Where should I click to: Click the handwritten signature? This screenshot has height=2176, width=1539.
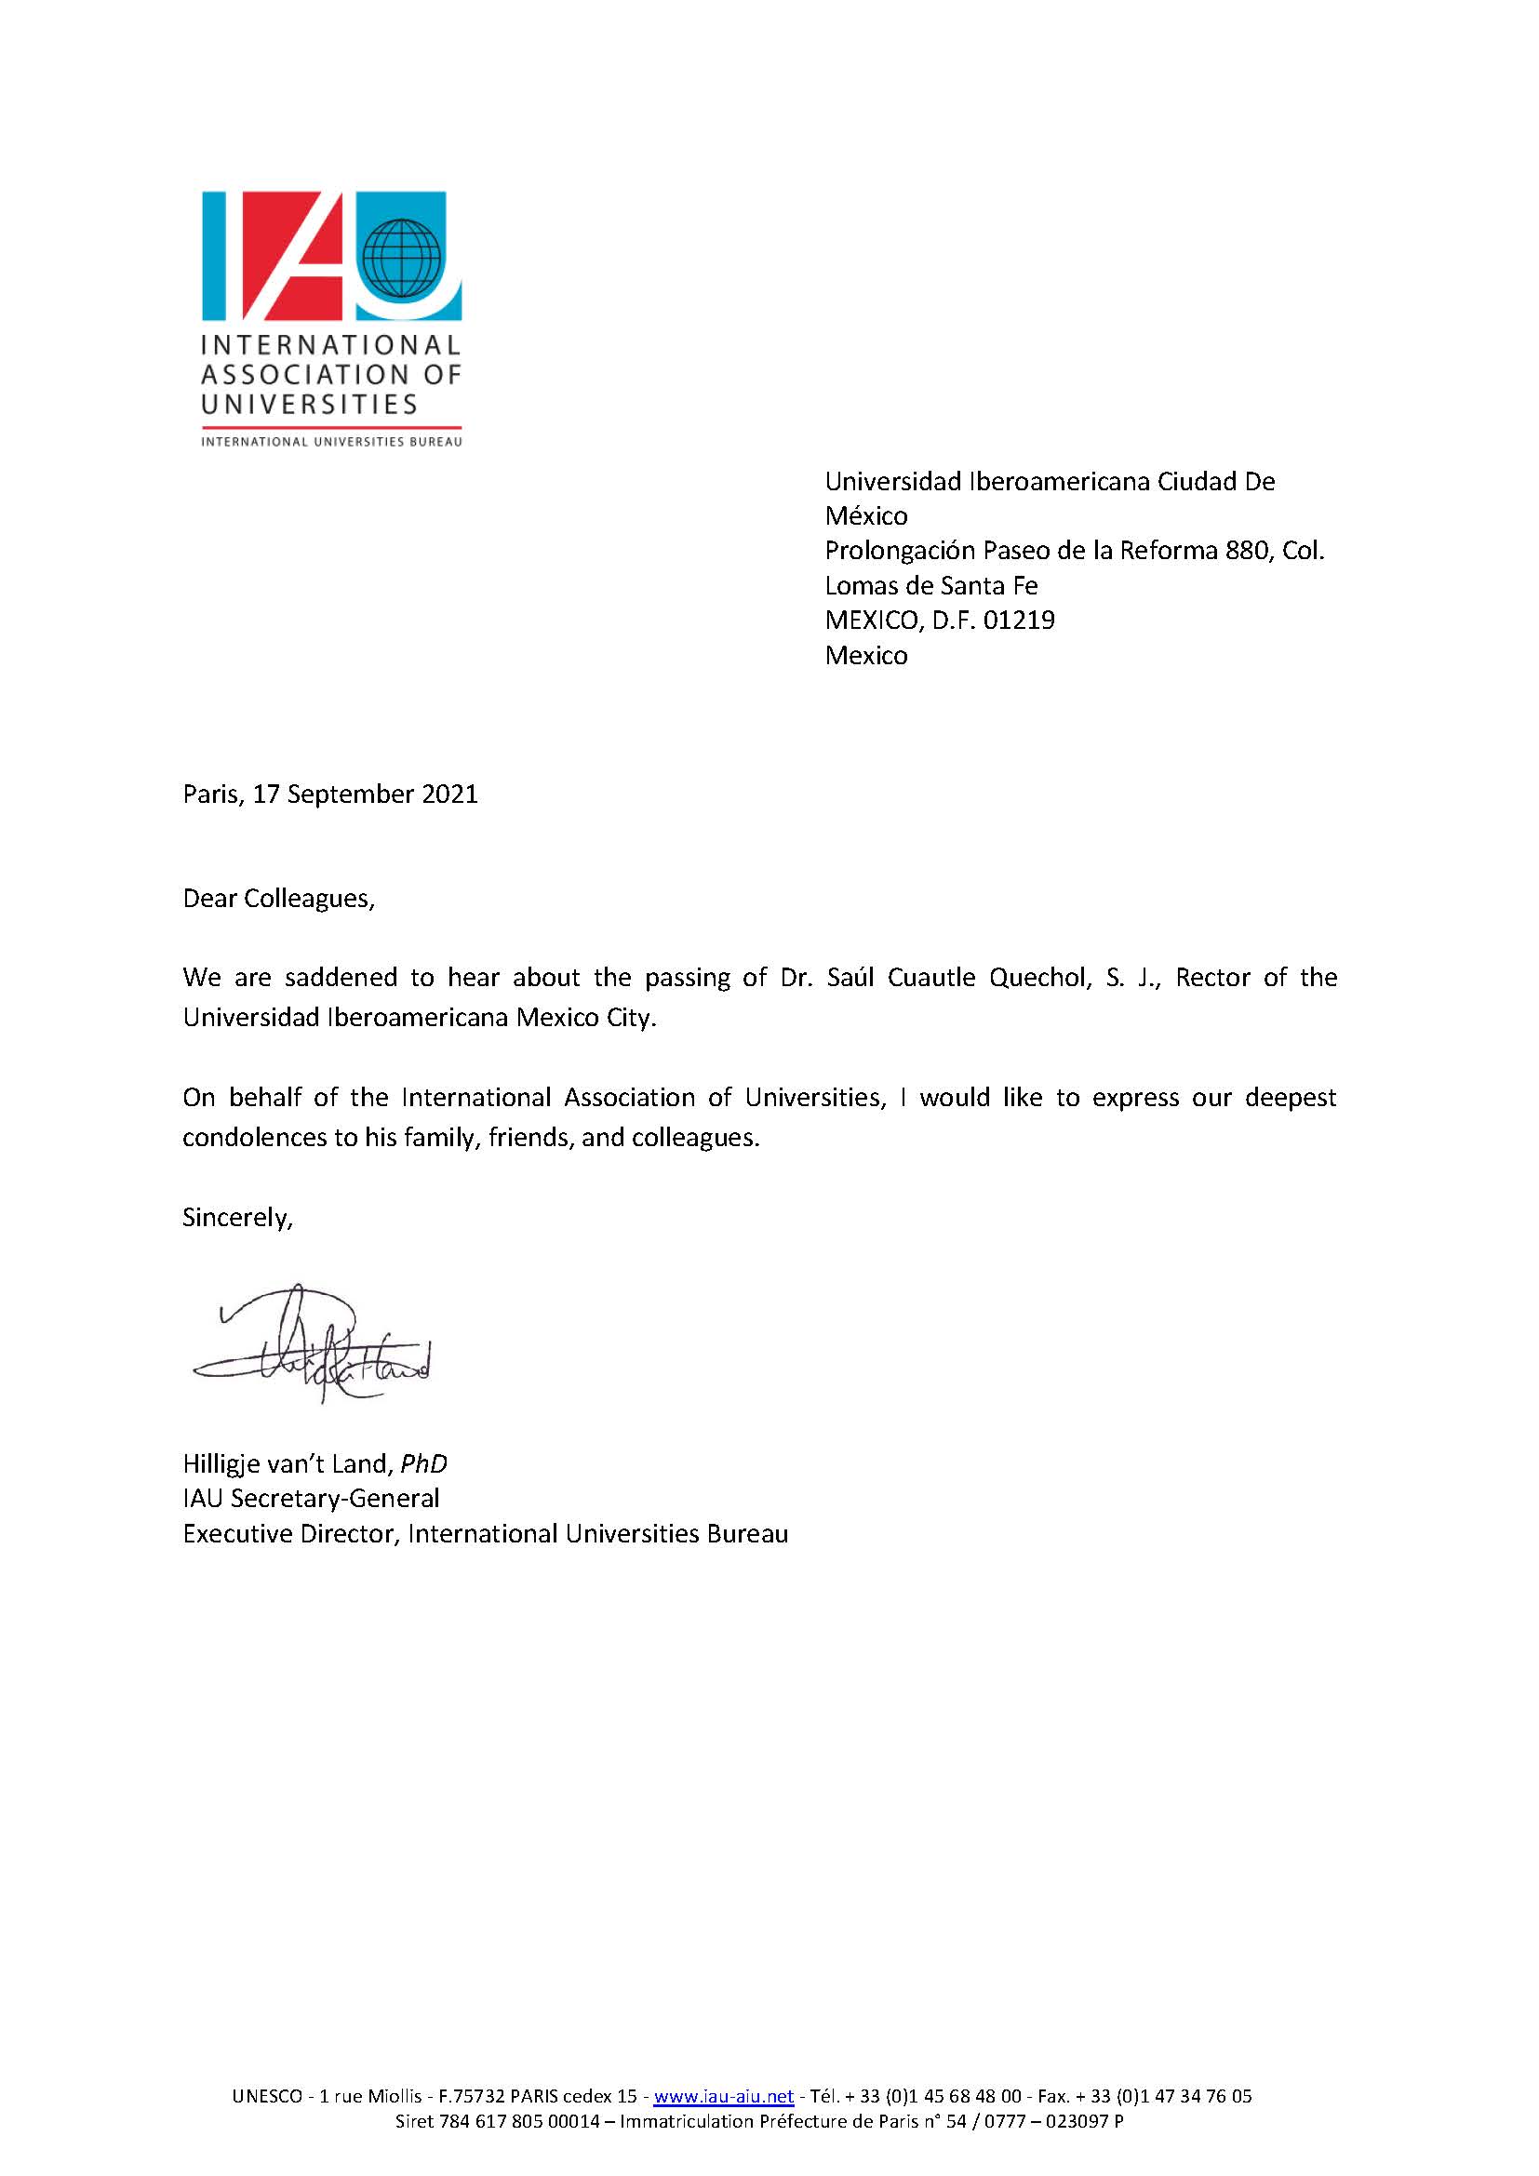[313, 1345]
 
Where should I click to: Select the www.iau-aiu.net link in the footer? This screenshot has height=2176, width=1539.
[723, 2095]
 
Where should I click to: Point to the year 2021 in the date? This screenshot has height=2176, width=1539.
[449, 794]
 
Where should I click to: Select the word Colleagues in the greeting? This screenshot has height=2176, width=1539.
[309, 899]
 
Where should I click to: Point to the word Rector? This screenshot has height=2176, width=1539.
[1212, 978]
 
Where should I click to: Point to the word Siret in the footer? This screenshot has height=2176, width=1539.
[415, 2121]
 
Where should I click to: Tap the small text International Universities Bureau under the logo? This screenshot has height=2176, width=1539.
[331, 442]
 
